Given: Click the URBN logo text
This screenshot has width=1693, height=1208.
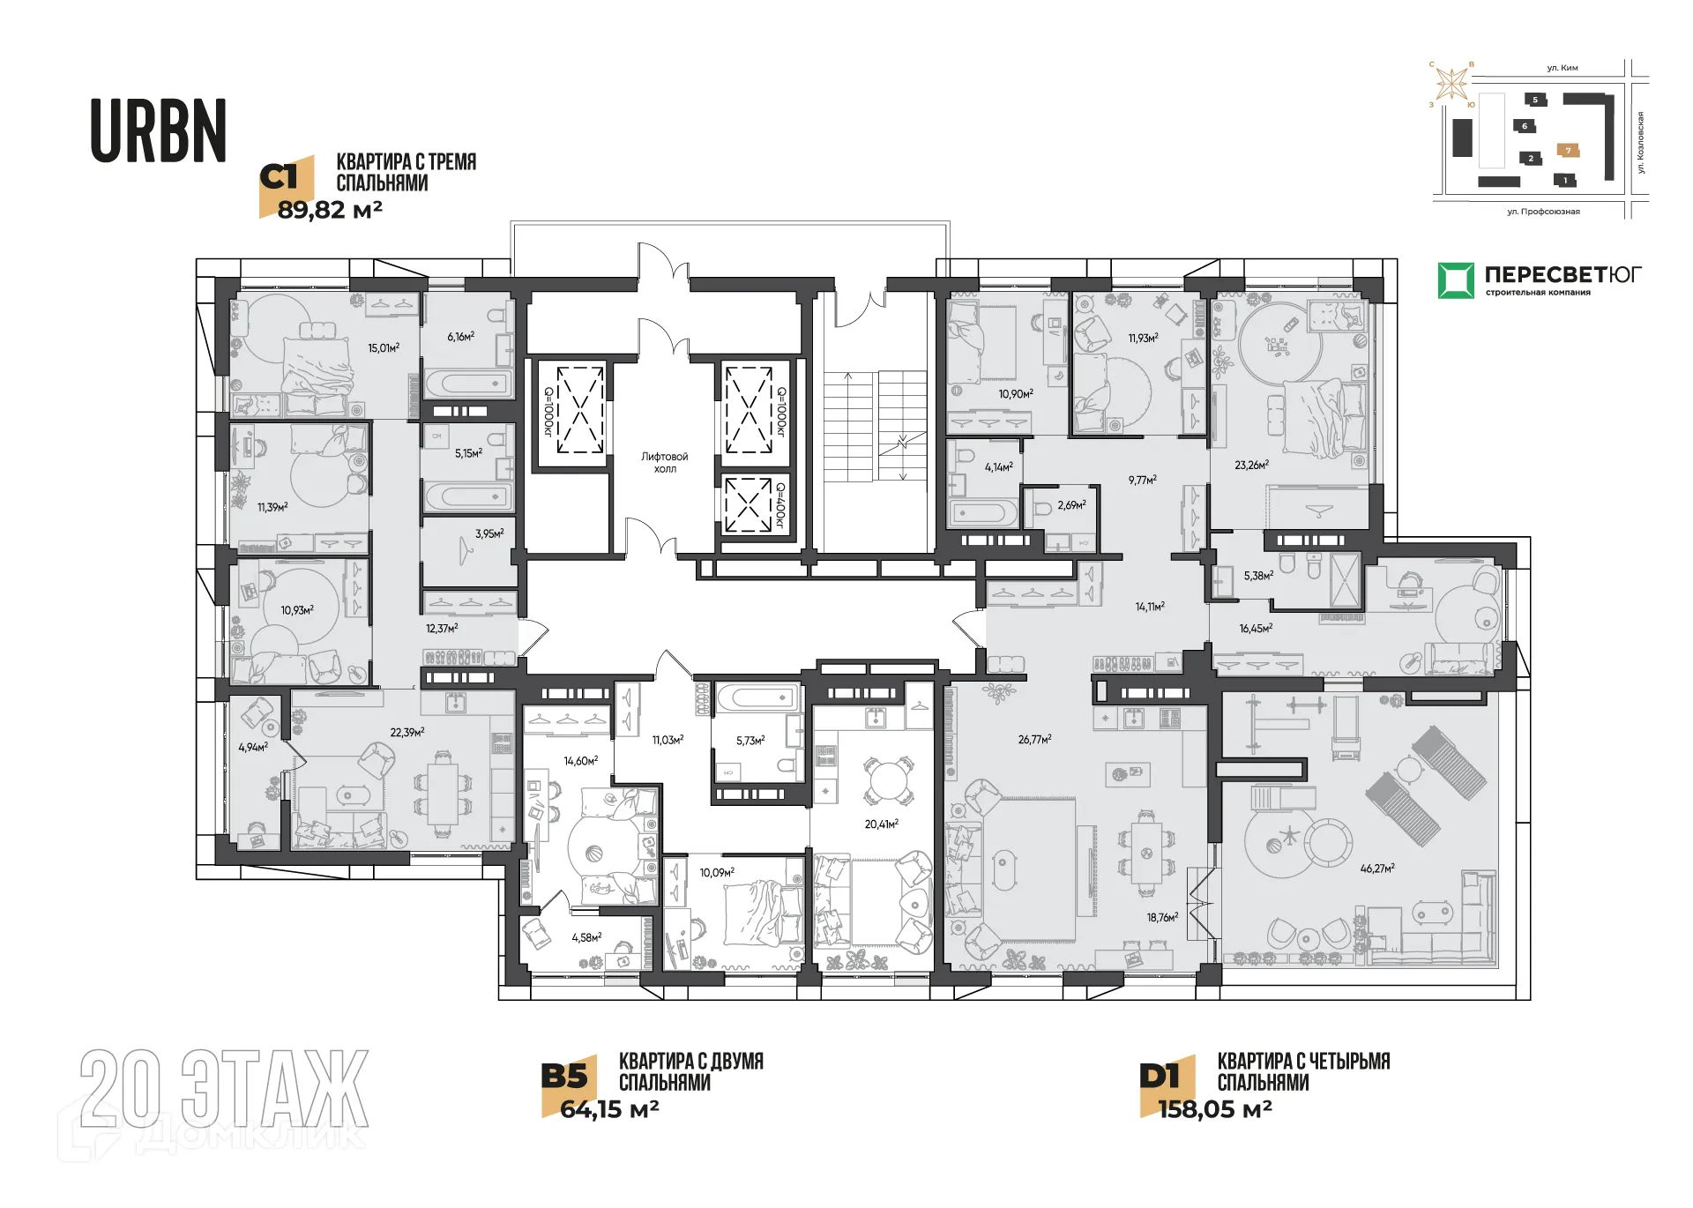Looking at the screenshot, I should point(159,131).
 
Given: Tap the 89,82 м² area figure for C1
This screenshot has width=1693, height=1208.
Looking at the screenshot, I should point(330,211).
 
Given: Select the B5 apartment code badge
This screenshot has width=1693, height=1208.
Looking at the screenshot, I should point(564,1076).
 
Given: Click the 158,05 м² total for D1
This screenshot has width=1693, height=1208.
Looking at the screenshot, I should point(1214,1109).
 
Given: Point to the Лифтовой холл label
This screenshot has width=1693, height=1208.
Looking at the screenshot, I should point(664,462).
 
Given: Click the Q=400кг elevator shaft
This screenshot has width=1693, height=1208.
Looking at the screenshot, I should point(748,504).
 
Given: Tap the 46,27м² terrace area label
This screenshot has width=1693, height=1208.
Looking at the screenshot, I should point(1376,869).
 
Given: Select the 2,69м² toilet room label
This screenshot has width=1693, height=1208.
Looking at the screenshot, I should point(1071,505).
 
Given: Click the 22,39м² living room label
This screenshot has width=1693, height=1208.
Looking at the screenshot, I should point(406,732).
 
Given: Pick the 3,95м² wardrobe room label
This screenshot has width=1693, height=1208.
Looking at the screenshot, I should point(489,533).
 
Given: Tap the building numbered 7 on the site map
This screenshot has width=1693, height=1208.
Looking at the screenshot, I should point(1568,151).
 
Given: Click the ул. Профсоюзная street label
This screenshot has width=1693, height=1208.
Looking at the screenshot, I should point(1543,212).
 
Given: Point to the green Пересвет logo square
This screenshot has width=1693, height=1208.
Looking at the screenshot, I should point(1455,280).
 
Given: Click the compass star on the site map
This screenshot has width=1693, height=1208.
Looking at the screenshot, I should point(1451,85).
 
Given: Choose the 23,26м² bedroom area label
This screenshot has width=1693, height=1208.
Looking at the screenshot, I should point(1251,465).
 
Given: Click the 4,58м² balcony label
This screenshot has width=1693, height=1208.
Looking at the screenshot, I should point(586,937).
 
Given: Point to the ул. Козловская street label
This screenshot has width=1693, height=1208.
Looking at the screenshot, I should point(1641,143).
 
